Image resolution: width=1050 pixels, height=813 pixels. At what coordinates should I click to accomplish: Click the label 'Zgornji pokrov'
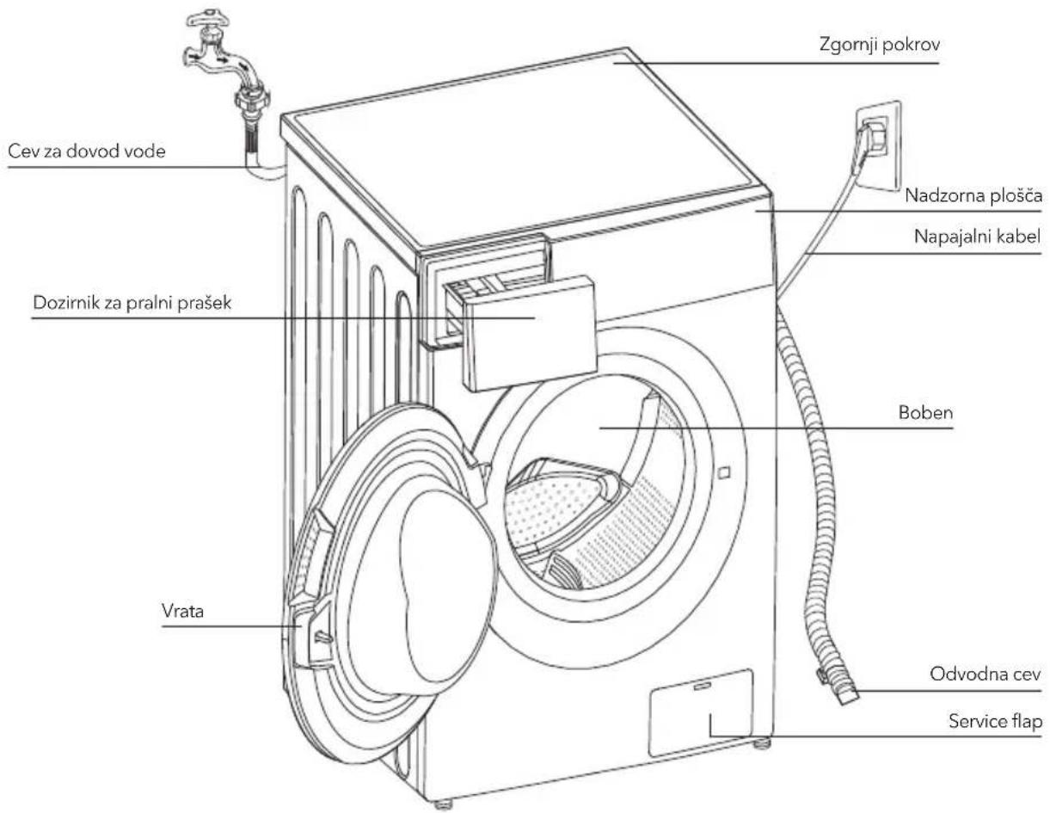point(879,45)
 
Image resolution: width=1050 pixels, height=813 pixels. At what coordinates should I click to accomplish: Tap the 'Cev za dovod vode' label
point(87,151)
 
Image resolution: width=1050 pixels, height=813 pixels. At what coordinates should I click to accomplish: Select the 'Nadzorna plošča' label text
point(973,196)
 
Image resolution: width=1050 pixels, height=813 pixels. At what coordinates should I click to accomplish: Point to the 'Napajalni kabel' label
point(977,237)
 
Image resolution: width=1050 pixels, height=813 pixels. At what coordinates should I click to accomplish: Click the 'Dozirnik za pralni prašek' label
point(132,303)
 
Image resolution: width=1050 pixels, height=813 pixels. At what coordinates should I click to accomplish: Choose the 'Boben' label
point(925,413)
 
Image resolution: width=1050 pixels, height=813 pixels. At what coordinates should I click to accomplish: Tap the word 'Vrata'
point(182,612)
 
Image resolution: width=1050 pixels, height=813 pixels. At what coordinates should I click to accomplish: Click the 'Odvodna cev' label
point(986,674)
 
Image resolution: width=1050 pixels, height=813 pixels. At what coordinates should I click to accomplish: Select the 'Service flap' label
point(995,721)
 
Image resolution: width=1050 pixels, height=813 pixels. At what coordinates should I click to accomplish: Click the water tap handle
point(208,18)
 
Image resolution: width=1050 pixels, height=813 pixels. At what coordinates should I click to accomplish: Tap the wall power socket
point(878,146)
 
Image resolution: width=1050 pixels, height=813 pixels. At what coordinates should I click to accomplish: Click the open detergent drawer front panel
point(530,334)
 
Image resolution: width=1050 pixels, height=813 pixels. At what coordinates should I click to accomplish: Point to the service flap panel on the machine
point(701,713)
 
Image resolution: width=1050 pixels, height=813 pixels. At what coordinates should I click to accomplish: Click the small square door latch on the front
point(724,472)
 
